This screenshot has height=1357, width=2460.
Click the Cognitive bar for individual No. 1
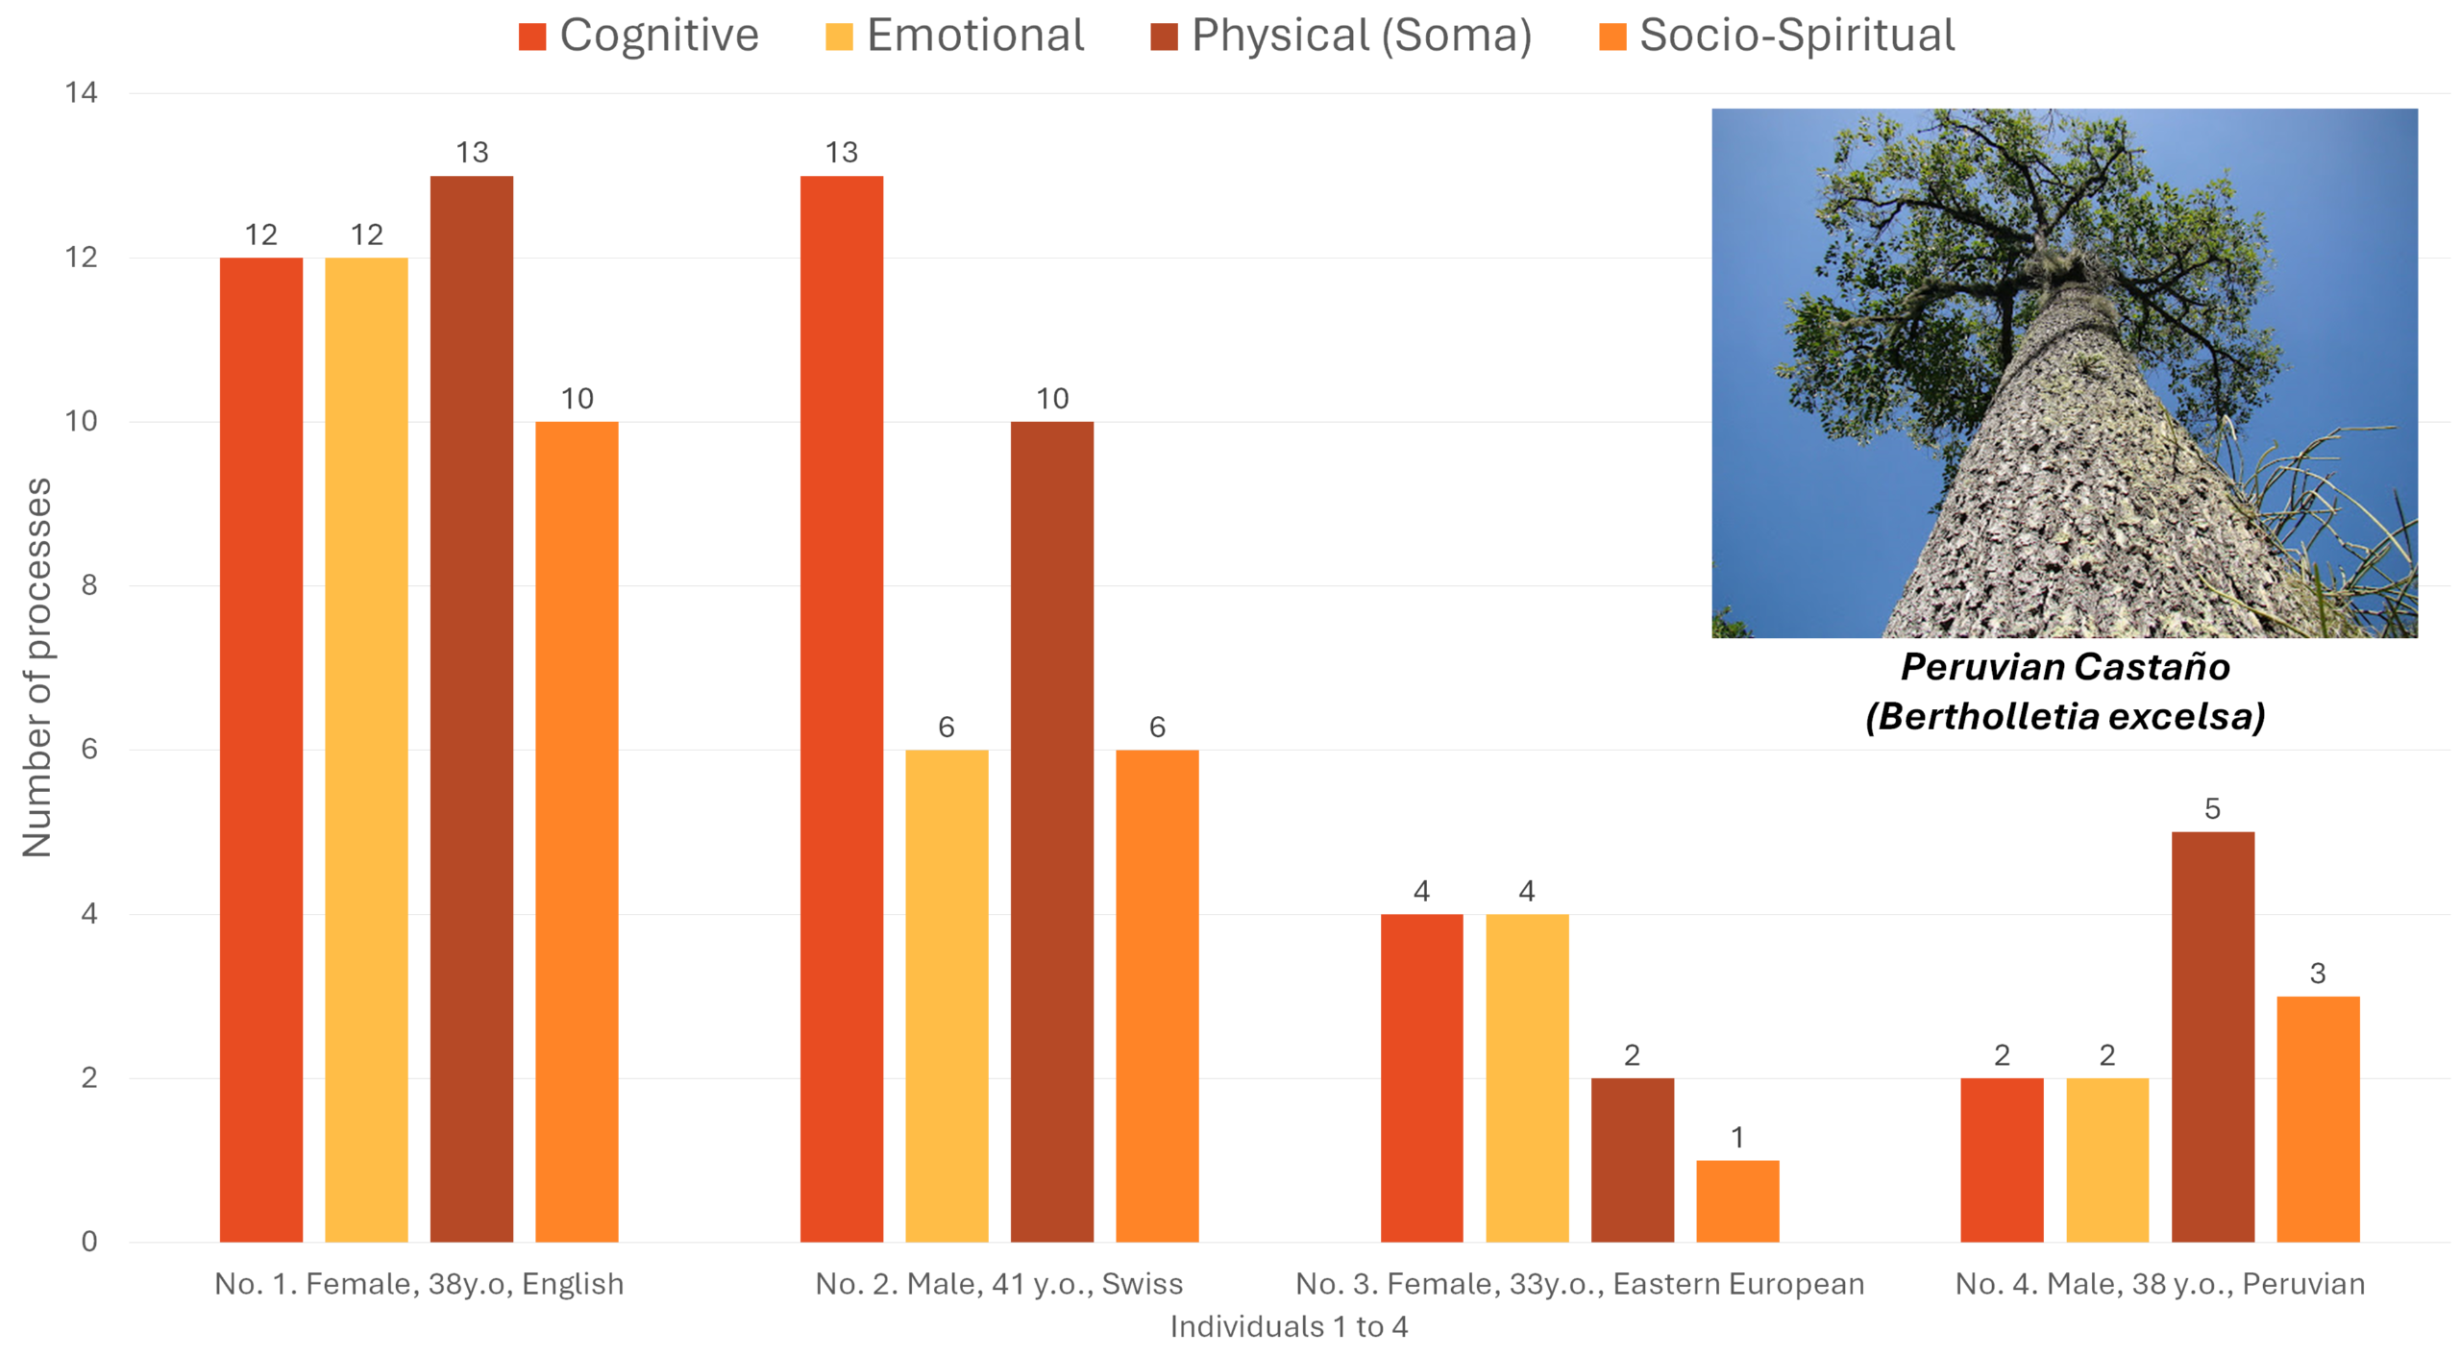(x=260, y=750)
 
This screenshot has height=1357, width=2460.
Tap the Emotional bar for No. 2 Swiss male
(x=946, y=995)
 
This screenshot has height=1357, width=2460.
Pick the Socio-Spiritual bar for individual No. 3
(x=1736, y=1200)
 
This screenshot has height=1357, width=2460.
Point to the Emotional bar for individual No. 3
(x=1526, y=1077)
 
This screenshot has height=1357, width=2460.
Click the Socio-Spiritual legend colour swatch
(x=1611, y=37)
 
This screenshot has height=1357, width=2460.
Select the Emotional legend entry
(x=974, y=36)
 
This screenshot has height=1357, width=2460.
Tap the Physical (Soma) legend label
(x=1361, y=36)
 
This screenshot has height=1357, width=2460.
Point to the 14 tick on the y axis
(x=81, y=93)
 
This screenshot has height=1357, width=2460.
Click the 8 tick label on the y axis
(x=88, y=585)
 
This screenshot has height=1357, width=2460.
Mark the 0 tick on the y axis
(x=88, y=1242)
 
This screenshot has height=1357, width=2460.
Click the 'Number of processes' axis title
(x=37, y=667)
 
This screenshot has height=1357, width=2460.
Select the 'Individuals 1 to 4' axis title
(x=1288, y=1327)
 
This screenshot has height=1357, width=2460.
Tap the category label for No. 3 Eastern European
(x=1579, y=1284)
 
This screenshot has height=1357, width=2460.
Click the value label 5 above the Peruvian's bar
(x=2211, y=809)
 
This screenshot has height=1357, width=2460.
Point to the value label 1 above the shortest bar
(x=1736, y=1138)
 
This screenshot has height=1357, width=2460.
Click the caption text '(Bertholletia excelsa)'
(x=2064, y=716)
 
